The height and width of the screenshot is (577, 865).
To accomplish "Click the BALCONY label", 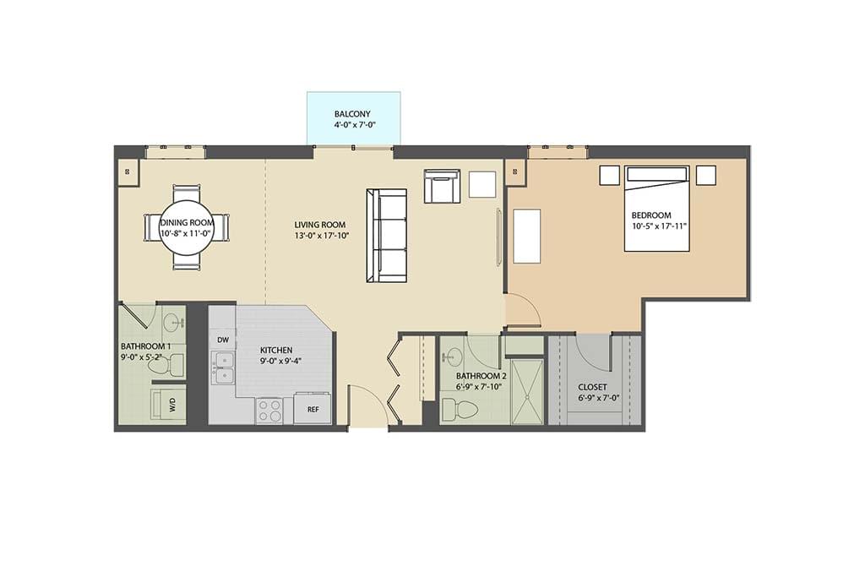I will [352, 113].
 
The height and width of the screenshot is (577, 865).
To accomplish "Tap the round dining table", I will [186, 227].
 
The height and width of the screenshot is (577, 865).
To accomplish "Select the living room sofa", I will [385, 236].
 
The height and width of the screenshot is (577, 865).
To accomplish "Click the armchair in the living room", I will [441, 186].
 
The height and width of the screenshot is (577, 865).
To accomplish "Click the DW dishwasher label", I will [223, 340].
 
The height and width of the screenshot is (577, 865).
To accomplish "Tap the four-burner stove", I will [270, 411].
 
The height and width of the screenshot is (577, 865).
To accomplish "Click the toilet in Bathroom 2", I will [460, 410].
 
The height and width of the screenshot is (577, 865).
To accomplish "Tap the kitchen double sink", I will [223, 369].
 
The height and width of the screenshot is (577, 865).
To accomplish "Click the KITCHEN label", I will [276, 350].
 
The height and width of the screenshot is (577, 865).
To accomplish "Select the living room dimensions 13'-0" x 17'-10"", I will [321, 236].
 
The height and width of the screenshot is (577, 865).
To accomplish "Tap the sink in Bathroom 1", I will [173, 322].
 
